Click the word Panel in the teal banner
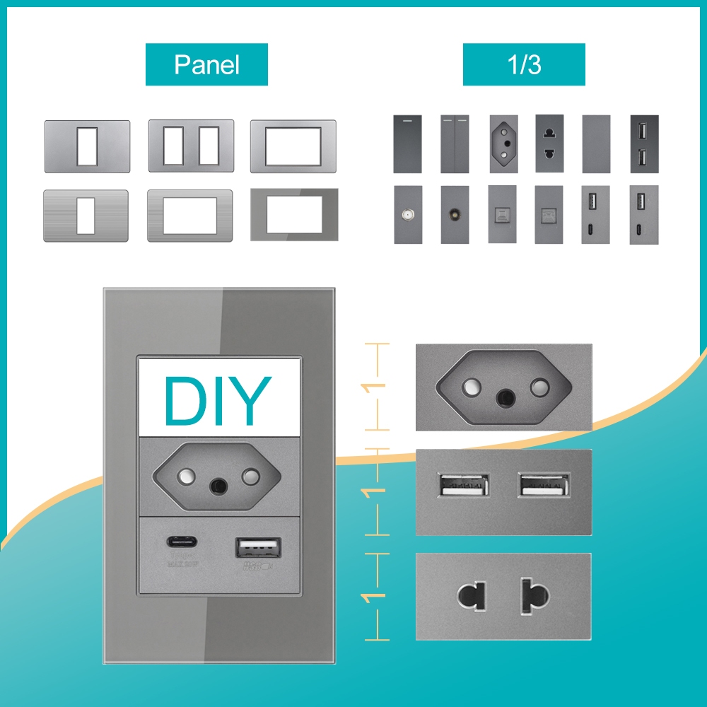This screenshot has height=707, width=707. click(206, 64)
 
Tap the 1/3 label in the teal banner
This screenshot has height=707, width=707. click(524, 64)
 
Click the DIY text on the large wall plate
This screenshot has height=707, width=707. click(218, 401)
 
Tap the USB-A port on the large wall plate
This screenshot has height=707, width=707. click(258, 549)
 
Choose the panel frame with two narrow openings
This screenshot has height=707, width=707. click(190, 146)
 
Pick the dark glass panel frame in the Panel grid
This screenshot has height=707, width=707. click(293, 215)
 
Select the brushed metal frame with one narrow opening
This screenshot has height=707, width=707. click(86, 215)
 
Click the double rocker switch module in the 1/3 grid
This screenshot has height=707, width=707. click(455, 144)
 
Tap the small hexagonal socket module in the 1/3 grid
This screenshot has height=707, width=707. click(502, 144)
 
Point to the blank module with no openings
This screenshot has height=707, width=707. click(596, 144)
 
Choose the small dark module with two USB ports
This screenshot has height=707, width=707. click(643, 144)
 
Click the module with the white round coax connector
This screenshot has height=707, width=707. click(407, 214)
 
